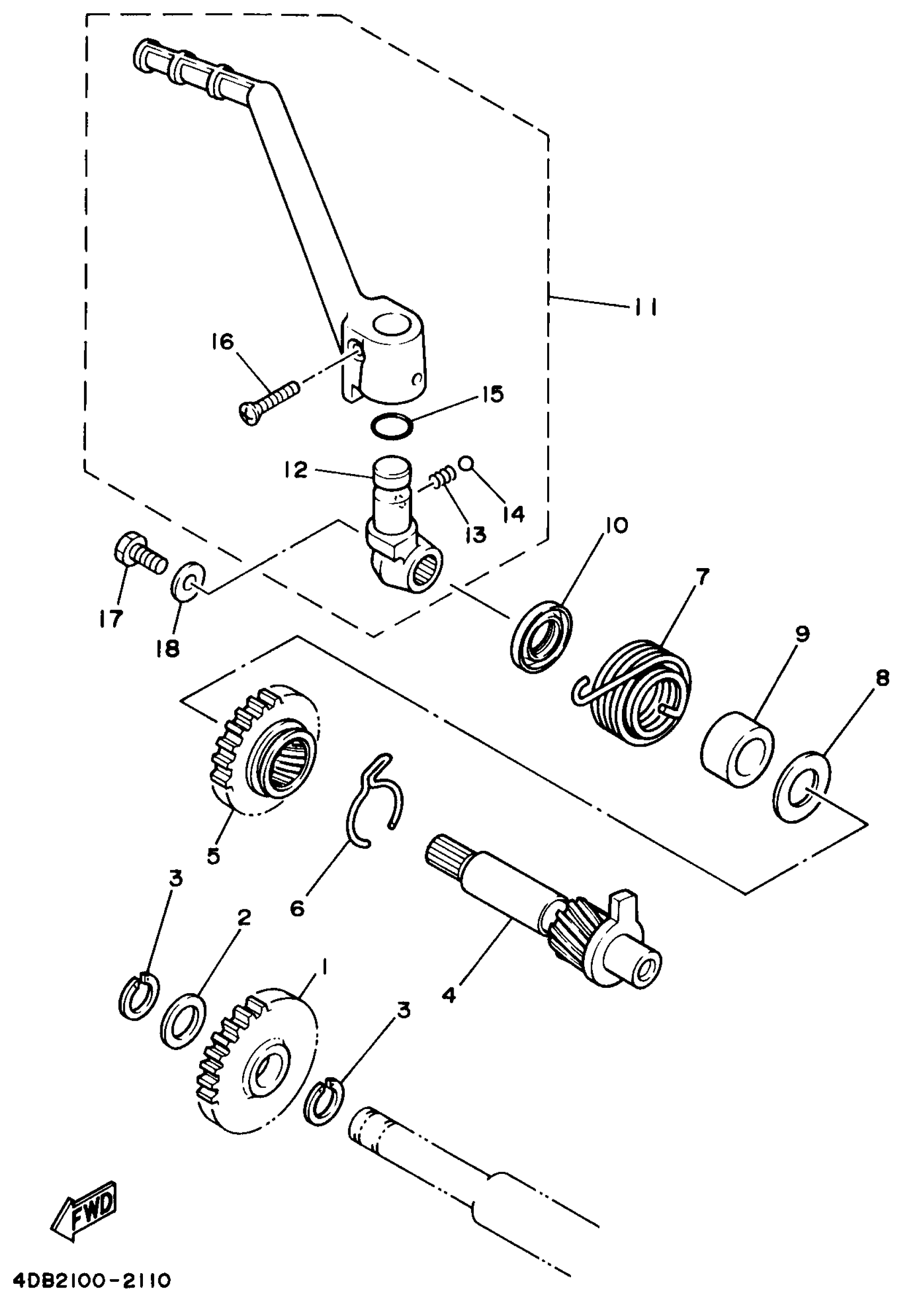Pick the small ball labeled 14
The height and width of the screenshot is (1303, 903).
(x=466, y=462)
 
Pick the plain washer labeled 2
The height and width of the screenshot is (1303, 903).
(x=183, y=1019)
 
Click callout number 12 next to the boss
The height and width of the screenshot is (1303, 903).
(x=296, y=470)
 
